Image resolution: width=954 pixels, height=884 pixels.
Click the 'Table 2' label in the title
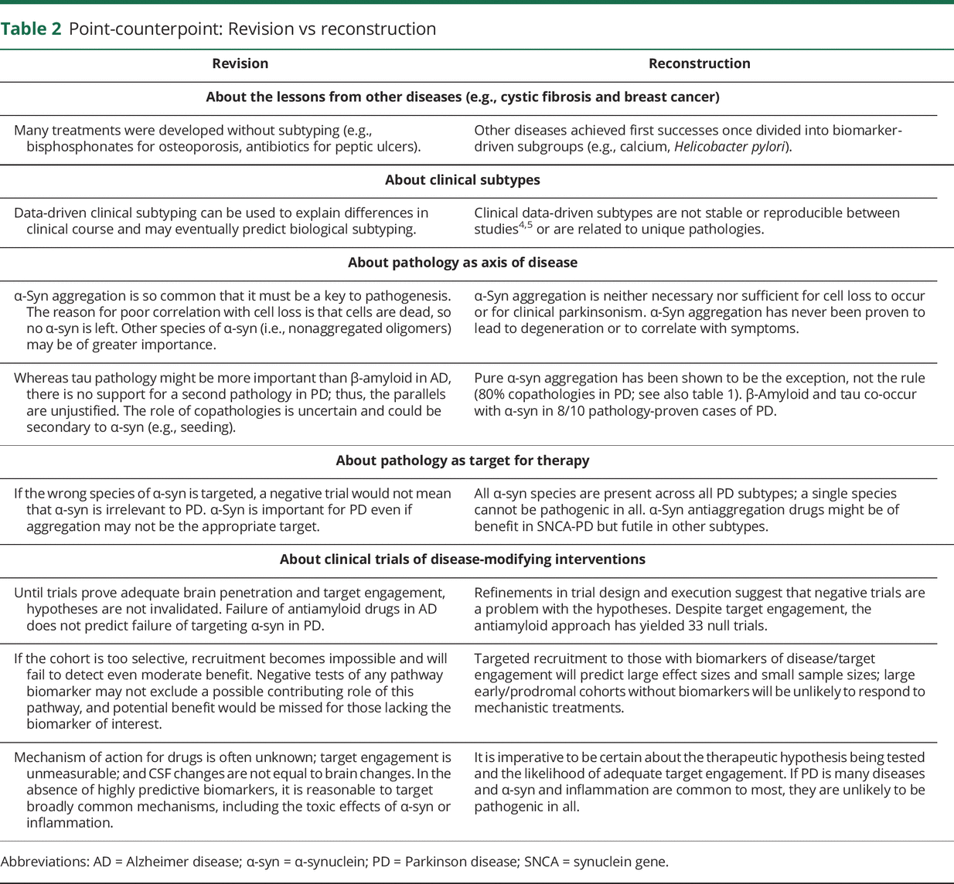pos(31,29)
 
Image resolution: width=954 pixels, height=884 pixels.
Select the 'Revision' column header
pos(240,64)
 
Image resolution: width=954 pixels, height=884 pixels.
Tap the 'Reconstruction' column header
pos(699,64)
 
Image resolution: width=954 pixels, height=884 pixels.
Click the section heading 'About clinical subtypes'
pos(462,180)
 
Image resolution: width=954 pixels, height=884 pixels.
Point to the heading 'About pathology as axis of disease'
pos(462,263)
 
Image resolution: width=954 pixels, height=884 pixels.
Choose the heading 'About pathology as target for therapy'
pos(462,461)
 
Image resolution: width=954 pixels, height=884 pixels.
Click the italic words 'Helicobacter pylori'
pos(729,147)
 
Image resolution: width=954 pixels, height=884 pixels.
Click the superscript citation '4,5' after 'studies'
pos(525,226)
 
